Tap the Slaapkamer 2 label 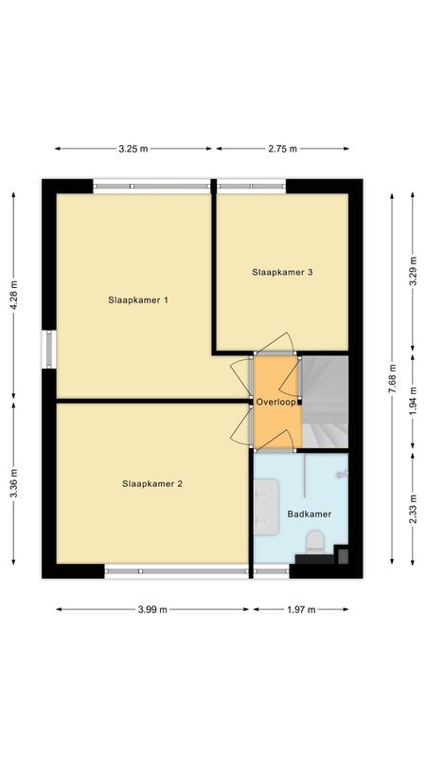coord(152,483)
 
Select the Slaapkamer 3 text coord(282,272)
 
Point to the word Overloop coord(276,402)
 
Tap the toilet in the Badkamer coord(315,541)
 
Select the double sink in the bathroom coord(265,501)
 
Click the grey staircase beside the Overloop coord(324,401)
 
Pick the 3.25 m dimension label coord(133,149)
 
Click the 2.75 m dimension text coord(283,149)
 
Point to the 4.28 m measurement coord(13,295)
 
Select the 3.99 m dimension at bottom coord(151,610)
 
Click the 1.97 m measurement coord(299,610)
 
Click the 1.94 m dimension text coord(413,402)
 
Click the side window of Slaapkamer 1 coord(49,347)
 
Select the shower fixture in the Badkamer coord(341,471)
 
